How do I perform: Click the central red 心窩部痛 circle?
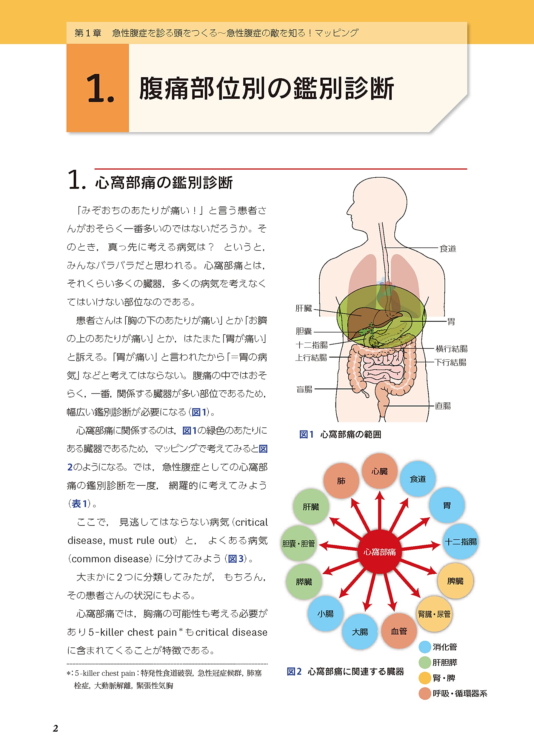[379, 551]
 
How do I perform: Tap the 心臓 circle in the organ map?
[379, 471]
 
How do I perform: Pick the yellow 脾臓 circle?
[455, 581]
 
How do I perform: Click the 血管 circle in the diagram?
[399, 631]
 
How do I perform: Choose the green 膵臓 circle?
[304, 582]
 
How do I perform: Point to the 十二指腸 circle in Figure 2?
[460, 542]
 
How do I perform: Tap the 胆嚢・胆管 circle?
[299, 543]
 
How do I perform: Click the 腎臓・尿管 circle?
[434, 614]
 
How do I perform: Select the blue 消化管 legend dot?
[425, 647]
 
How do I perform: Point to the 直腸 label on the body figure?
[443, 406]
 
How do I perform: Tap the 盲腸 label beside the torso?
[304, 389]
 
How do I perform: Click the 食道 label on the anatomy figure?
[448, 249]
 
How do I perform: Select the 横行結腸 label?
[451, 348]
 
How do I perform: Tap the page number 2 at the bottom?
[56, 728]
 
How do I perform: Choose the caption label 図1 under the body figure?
[306, 434]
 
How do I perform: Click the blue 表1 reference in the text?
[79, 503]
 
